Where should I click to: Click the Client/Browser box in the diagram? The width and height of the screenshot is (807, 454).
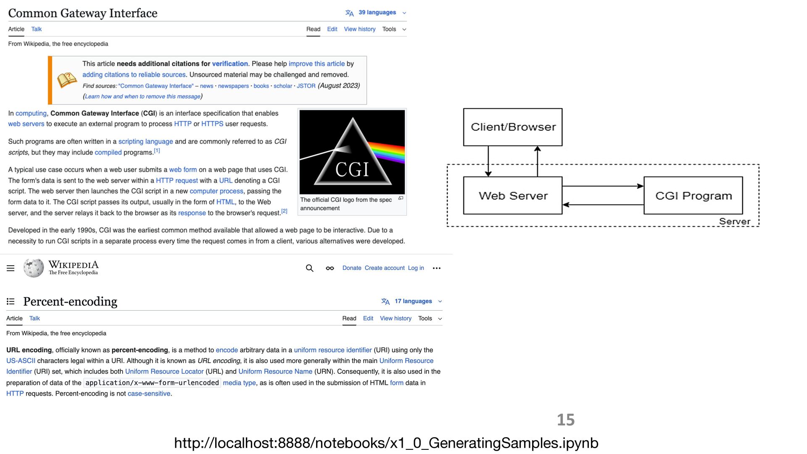(513, 127)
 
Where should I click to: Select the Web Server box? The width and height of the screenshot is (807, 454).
(513, 195)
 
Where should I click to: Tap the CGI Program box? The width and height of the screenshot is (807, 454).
(693, 195)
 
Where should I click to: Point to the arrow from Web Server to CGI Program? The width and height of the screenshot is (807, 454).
(603, 186)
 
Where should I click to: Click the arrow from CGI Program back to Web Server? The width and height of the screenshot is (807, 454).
(603, 205)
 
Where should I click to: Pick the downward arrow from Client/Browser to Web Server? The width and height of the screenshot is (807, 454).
(488, 161)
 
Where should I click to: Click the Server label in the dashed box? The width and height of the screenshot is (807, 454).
(734, 221)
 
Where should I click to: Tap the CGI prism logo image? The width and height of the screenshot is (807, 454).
(352, 152)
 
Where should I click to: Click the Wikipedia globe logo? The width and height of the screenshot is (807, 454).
(34, 268)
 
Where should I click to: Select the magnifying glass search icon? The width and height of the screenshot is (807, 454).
(310, 268)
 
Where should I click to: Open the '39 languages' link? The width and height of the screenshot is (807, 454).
(377, 13)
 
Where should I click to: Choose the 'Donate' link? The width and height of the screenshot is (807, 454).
(352, 268)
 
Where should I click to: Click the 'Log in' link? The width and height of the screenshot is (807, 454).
(416, 268)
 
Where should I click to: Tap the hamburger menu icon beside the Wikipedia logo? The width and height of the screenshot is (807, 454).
(11, 268)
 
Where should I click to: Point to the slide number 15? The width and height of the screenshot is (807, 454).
(566, 420)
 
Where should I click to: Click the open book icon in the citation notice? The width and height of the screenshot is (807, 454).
(67, 80)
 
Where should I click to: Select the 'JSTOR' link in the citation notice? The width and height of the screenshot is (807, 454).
(306, 86)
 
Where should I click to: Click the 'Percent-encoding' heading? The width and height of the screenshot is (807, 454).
(70, 301)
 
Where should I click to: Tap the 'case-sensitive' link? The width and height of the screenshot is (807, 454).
(149, 393)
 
